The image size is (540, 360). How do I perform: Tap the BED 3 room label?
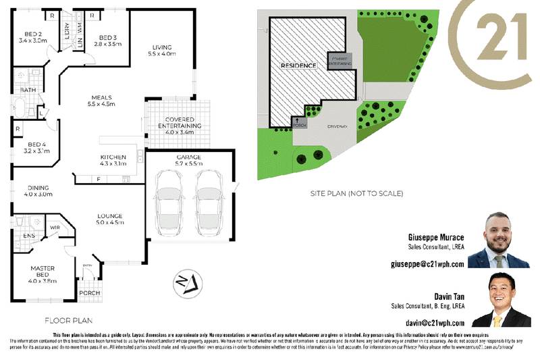[109, 40]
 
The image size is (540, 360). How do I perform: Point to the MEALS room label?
[101, 101]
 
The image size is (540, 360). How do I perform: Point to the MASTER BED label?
[42, 273]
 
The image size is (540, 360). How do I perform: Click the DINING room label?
[38, 191]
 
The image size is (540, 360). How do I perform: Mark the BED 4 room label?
[36, 147]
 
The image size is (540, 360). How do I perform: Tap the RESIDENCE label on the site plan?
[298, 66]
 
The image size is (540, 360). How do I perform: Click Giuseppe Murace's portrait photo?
[498, 240]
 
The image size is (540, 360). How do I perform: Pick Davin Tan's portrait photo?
[501, 301]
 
